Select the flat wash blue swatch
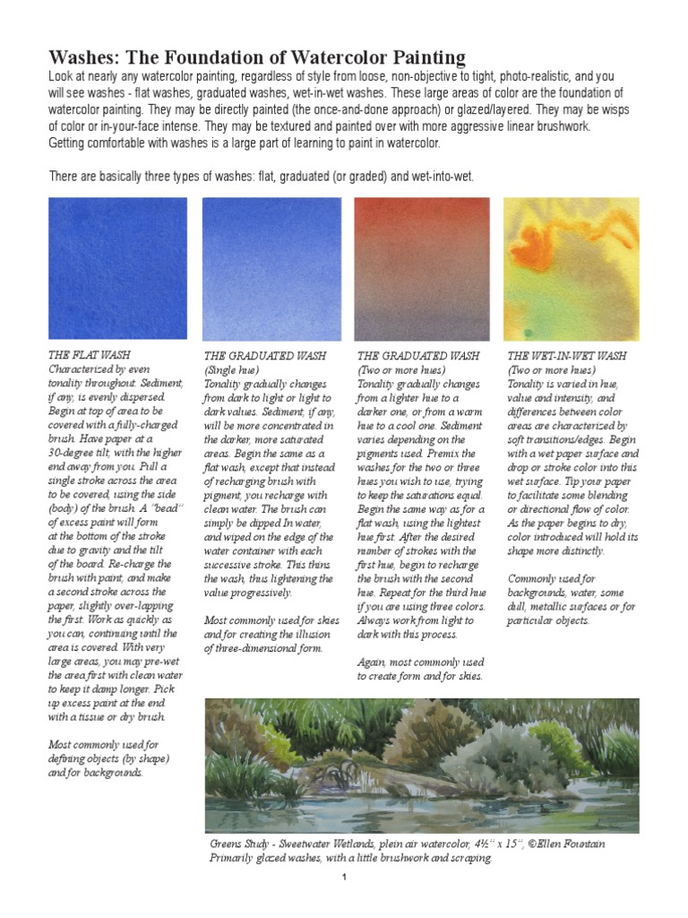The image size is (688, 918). [x=117, y=268]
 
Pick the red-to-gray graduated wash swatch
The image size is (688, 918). [x=422, y=268]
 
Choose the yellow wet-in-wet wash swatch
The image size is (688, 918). [x=572, y=268]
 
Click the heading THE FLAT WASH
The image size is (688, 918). [x=87, y=355]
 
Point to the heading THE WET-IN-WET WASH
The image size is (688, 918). [x=567, y=355]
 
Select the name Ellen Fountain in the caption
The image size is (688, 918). [x=572, y=844]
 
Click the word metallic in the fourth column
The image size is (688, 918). [x=557, y=605]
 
